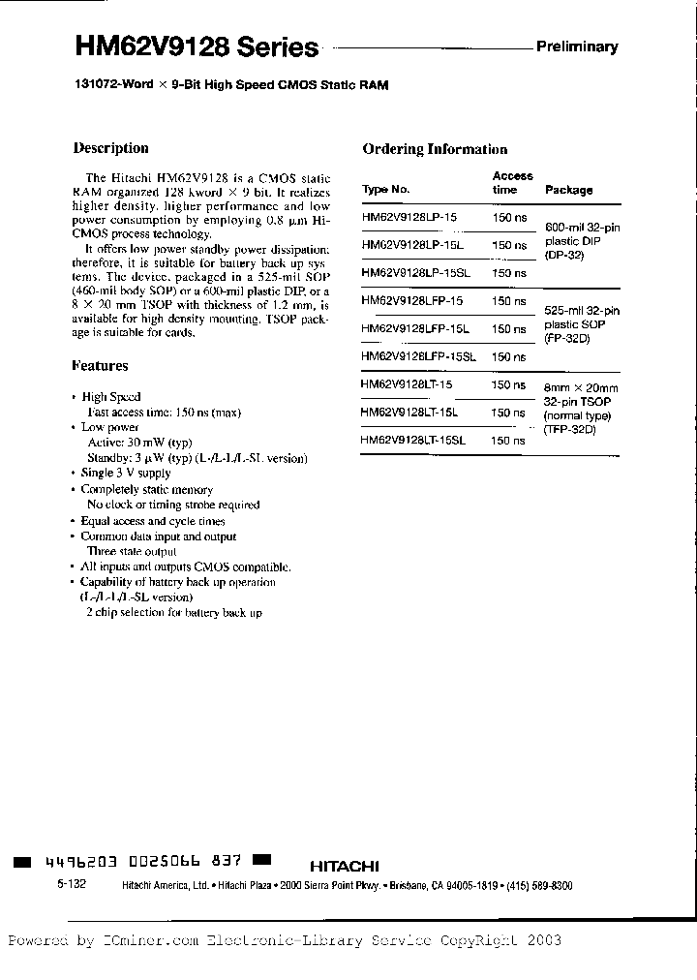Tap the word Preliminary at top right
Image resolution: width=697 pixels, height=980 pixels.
pos(577,46)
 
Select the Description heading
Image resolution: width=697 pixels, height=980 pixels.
pos(111,148)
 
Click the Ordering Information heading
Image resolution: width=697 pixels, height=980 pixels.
pos(435,149)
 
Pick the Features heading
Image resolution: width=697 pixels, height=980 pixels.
pos(101,366)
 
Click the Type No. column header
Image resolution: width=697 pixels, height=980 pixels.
pos(386,190)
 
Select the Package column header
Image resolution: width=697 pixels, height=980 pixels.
pos(569,191)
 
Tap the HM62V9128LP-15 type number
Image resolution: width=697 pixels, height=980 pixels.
pos(412,219)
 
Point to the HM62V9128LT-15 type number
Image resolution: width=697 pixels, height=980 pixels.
pos(407,384)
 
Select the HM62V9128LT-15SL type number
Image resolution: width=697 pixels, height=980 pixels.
pos(413,440)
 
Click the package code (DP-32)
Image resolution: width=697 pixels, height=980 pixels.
pos(565,256)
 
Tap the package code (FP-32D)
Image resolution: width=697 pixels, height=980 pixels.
pos(568,340)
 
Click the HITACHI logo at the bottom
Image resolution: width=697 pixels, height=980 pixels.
pos(345,866)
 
